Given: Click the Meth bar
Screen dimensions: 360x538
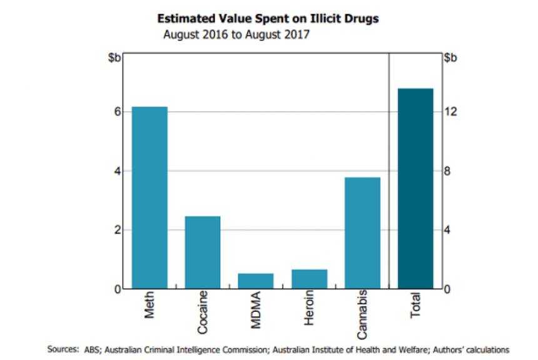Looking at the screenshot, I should [x=150, y=198].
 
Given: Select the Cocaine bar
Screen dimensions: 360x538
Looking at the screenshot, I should [x=203, y=252].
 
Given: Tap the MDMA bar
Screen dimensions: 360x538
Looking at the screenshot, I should [x=256, y=281].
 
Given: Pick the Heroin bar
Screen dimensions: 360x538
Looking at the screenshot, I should [x=309, y=279].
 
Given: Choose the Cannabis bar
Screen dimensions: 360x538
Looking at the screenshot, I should [x=362, y=233].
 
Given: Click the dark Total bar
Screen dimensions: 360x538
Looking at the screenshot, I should [x=415, y=188].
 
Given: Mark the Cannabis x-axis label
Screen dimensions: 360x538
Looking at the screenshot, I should [x=362, y=314].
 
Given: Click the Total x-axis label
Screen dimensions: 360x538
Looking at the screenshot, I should [x=416, y=306].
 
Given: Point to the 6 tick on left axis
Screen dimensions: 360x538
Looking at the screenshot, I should [x=116, y=111].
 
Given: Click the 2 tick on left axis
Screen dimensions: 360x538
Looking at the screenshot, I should [x=116, y=230].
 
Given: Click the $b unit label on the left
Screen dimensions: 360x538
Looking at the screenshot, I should [x=114, y=58].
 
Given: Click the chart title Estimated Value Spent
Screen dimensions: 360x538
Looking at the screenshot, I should [x=268, y=19].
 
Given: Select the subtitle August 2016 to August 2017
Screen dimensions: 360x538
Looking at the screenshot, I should [x=236, y=34].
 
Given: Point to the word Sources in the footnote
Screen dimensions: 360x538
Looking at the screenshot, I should [x=63, y=349].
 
